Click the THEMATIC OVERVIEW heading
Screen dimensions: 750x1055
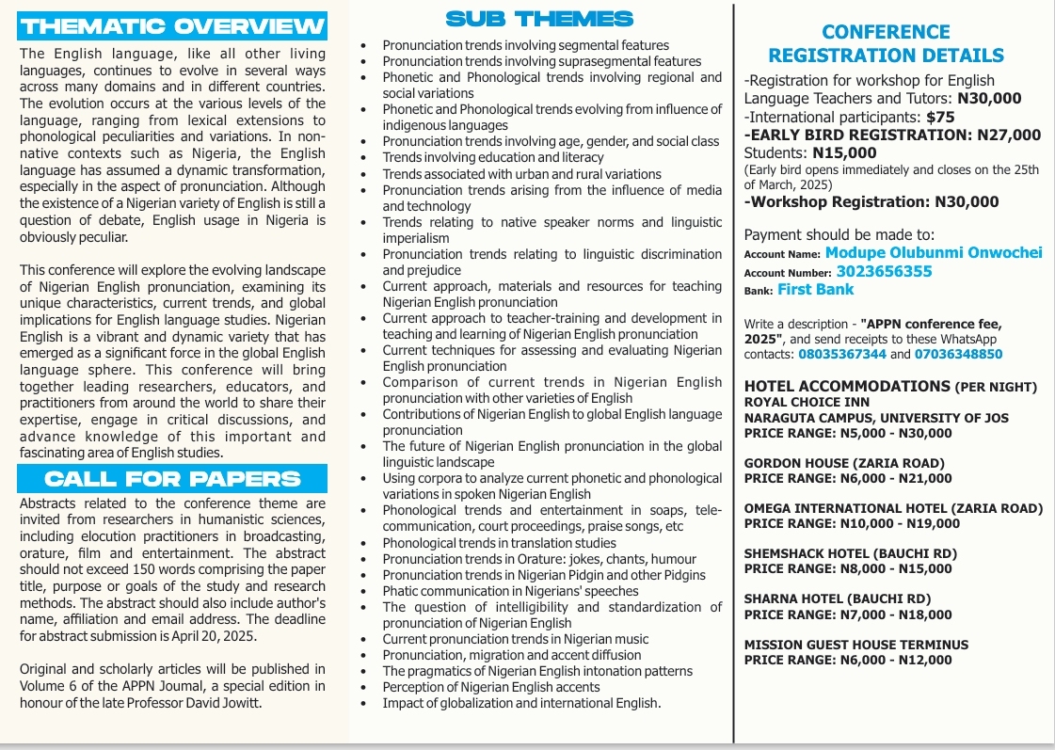pos(173,24)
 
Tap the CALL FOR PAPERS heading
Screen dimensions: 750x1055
pos(173,478)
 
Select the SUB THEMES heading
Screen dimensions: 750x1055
pos(539,19)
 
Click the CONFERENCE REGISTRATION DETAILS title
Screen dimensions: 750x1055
pos(886,44)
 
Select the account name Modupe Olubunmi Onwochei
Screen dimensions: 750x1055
pos(921,253)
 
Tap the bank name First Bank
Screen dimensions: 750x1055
pos(815,290)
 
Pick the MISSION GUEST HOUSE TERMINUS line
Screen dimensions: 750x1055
pos(855,645)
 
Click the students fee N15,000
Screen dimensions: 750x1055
pos(845,152)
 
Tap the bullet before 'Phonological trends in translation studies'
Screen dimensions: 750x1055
pos(364,543)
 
